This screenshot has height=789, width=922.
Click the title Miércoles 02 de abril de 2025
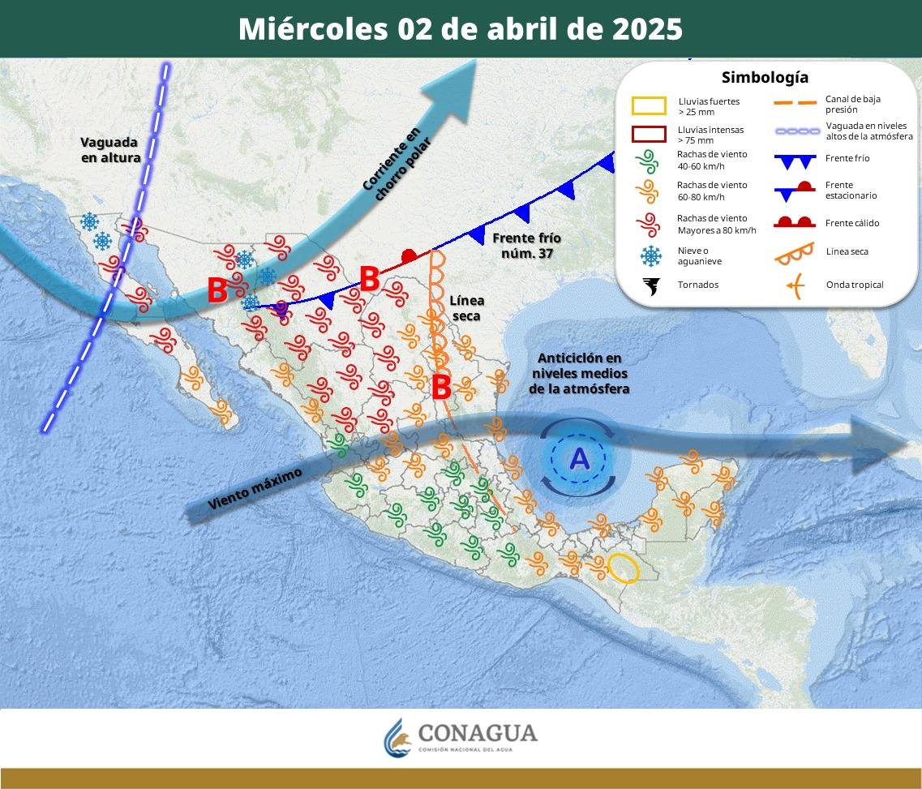click(x=461, y=29)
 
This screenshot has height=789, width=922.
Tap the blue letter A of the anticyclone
click(x=579, y=459)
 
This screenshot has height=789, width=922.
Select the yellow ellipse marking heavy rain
click(x=624, y=568)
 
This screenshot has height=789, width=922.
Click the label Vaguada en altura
click(x=111, y=150)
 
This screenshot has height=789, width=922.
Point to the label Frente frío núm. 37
click(x=526, y=245)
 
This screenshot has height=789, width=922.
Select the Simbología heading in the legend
click(x=765, y=78)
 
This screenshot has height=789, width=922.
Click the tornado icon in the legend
click(x=650, y=285)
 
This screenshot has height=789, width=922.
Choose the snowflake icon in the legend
click(x=650, y=256)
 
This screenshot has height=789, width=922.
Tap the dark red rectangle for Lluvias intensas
click(x=649, y=135)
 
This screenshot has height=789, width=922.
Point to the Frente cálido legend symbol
click(x=794, y=223)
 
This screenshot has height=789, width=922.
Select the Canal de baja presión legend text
click(x=852, y=104)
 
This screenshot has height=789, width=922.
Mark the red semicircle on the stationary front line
click(x=410, y=255)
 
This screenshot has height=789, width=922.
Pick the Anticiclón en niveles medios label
click(x=579, y=373)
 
